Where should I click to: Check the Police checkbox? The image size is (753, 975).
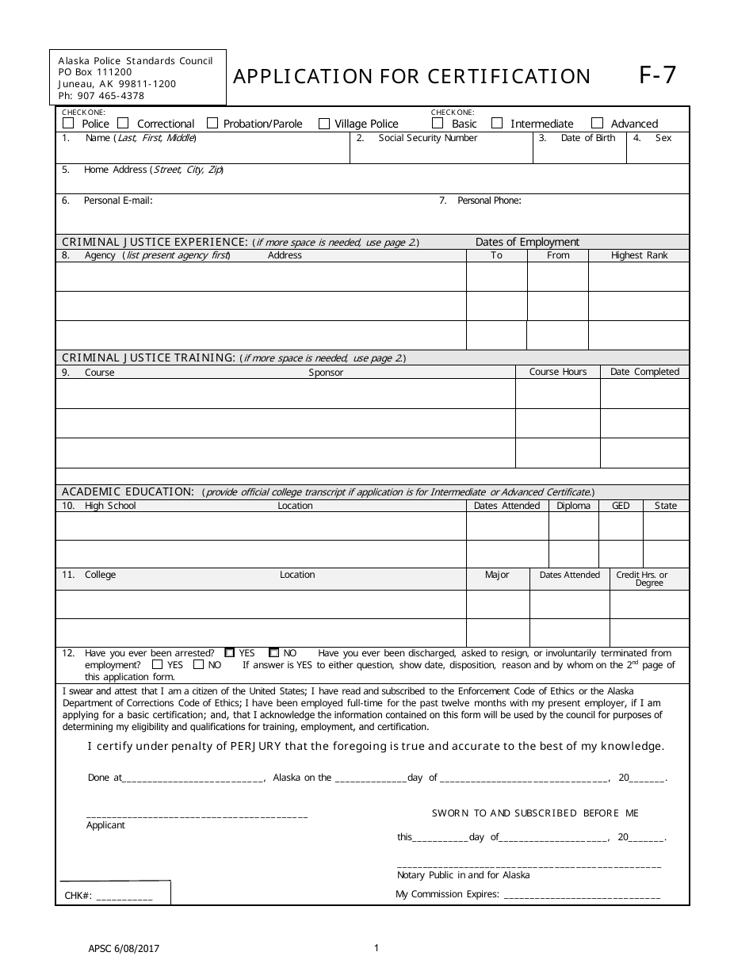click(68, 124)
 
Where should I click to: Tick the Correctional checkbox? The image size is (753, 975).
click(123, 124)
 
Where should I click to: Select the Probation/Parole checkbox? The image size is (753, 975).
click(212, 124)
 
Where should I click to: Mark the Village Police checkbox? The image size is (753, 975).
click(324, 124)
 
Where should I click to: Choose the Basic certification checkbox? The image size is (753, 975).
click(438, 124)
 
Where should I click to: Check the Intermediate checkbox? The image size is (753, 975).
click(497, 124)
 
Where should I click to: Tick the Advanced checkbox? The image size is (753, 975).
click(598, 124)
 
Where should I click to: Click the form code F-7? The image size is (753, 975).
click(658, 75)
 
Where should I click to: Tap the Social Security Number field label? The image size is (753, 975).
click(427, 139)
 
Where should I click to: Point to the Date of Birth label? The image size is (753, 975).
click(587, 139)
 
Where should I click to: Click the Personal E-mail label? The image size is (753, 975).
click(117, 201)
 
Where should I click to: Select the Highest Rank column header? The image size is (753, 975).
click(639, 255)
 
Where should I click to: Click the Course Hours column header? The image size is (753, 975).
click(558, 372)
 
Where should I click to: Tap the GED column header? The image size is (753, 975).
click(621, 506)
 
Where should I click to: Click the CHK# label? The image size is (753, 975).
click(78, 896)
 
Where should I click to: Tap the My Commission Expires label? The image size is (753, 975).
click(447, 895)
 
